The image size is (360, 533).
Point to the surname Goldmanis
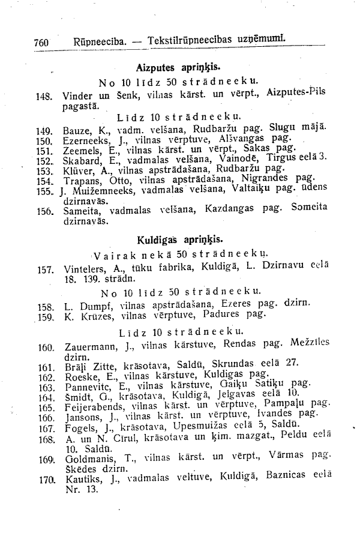pos(88,457)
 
